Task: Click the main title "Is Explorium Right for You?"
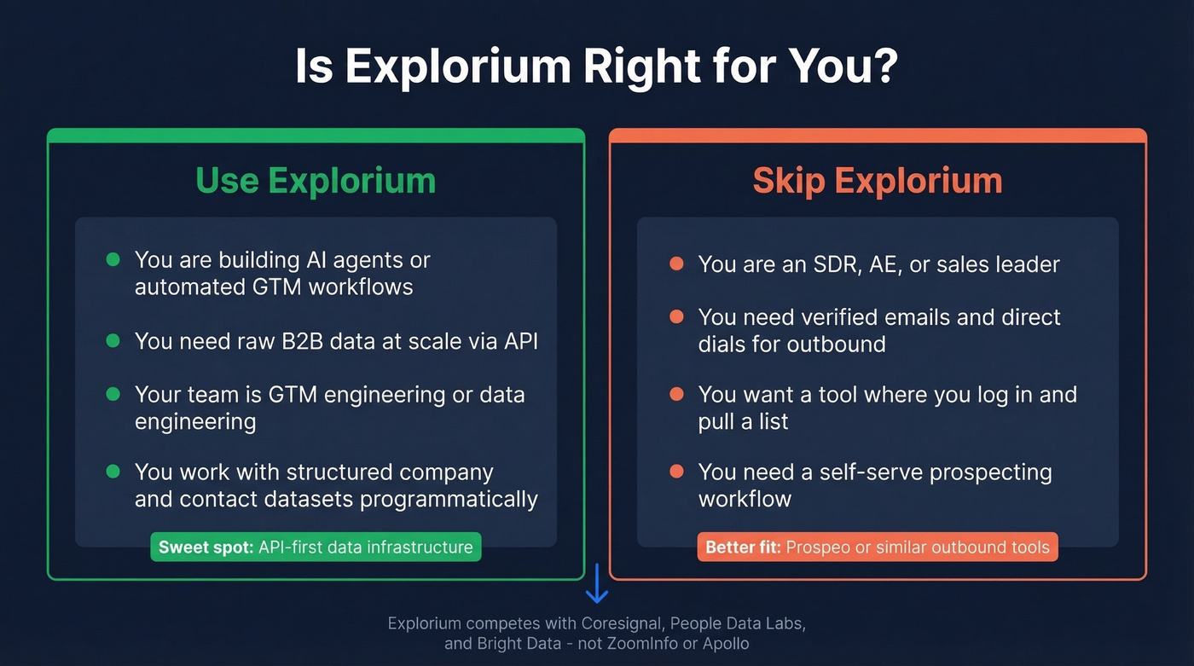596,66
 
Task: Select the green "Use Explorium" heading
316,181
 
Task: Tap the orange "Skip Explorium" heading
878,181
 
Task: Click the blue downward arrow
596,583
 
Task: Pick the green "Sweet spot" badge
316,547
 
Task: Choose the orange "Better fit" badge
878,547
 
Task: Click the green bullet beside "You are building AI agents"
113,259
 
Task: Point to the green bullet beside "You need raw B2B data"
113,341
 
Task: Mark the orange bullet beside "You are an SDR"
676,264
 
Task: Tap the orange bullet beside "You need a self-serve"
676,472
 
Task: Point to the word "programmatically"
449,499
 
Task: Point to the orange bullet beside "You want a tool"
676,395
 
